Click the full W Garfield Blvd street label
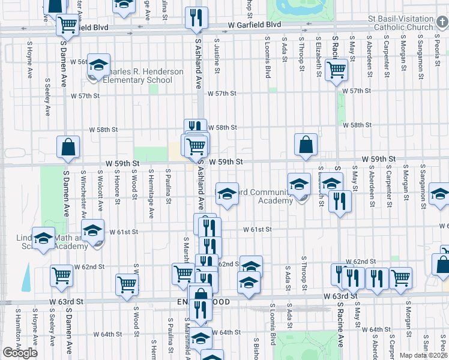255,25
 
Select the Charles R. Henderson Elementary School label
143,76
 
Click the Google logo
20,353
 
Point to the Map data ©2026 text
423,355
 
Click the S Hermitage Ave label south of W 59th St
151,195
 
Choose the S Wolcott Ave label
101,192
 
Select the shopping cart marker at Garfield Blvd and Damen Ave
68,25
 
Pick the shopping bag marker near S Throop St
306,145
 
